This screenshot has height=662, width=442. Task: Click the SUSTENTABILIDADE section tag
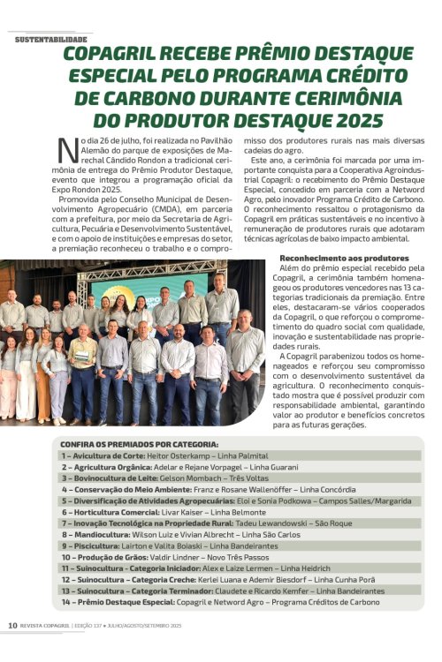pyautogui.click(x=51, y=40)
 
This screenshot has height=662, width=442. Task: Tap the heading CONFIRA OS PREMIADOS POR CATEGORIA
pyautogui.click(x=139, y=443)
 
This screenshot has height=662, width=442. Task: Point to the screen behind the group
pyautogui.click(x=141, y=291)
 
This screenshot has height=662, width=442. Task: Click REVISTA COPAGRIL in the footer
pyautogui.click(x=45, y=625)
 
